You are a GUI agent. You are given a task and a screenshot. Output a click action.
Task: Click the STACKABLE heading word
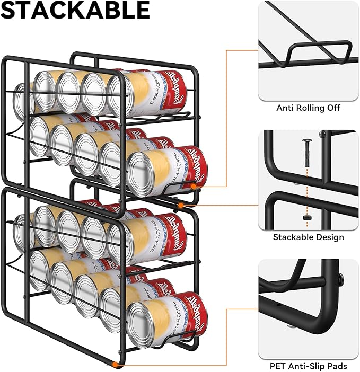75,11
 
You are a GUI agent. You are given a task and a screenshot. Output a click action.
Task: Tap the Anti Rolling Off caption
308,108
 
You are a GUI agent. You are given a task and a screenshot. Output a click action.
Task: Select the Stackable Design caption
308,237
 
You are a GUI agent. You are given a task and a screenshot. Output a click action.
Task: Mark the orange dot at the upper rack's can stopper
194,186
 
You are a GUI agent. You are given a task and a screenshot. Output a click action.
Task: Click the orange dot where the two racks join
181,205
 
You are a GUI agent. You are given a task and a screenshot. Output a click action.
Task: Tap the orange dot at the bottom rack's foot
118,364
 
